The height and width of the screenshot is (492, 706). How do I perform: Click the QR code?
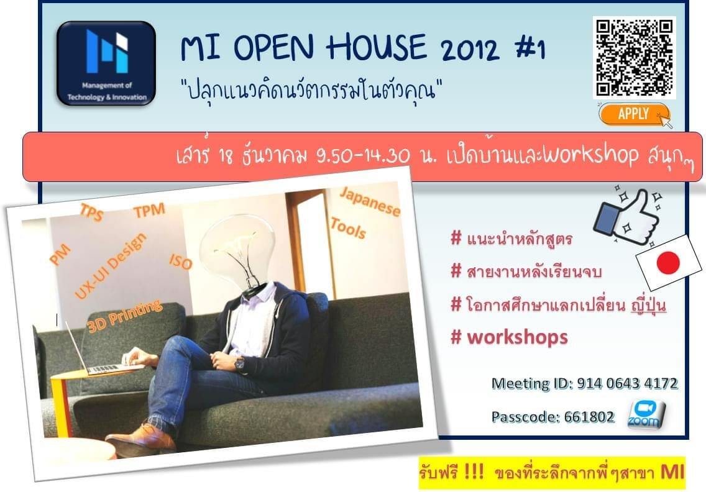(635, 57)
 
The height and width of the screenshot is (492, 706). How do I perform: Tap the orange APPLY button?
(634, 114)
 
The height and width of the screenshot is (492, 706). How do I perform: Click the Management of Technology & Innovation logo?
(106, 63)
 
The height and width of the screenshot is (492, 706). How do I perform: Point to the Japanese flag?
(669, 262)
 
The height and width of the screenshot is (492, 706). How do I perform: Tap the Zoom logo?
(646, 414)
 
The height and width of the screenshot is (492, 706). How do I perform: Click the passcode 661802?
(589, 417)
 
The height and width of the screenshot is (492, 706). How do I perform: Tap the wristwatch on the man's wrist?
(239, 363)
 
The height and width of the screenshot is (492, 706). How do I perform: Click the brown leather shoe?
(141, 436)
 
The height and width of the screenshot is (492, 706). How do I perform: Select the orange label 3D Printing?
(124, 316)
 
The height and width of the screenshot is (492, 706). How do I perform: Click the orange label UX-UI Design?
(111, 266)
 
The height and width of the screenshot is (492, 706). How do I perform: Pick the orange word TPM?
(150, 210)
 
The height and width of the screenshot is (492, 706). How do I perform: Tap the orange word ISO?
(181, 261)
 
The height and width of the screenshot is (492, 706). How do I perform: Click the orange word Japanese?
(370, 201)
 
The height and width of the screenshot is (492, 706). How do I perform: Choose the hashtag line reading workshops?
(509, 337)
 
